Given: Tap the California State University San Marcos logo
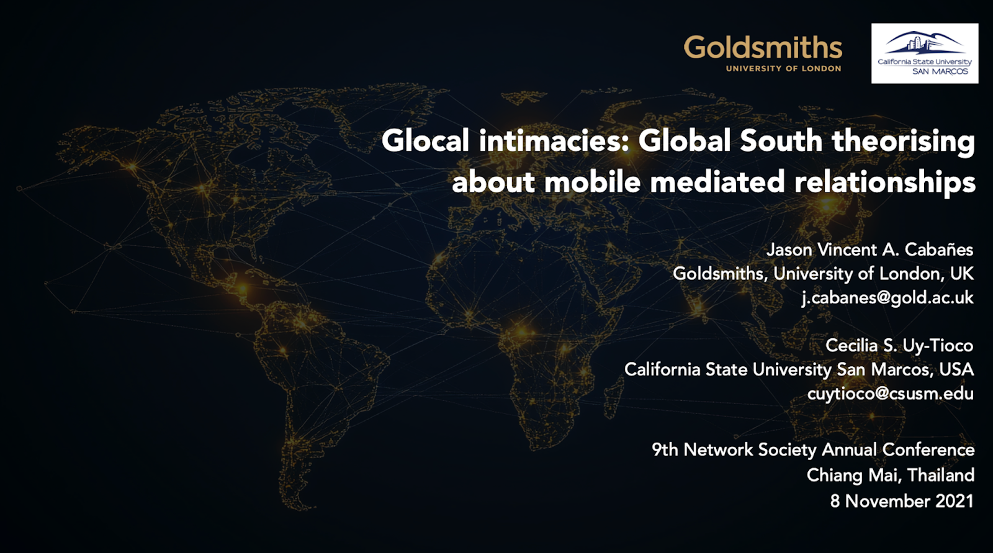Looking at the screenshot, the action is pyautogui.click(x=925, y=53).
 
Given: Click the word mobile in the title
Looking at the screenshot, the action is pyautogui.click(x=592, y=182).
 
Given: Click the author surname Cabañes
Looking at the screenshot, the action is pyautogui.click(x=939, y=250).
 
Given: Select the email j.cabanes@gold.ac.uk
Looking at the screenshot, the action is pyautogui.click(x=887, y=297).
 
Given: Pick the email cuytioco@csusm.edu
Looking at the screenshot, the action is pyautogui.click(x=890, y=393).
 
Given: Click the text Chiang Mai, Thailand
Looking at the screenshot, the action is pyautogui.click(x=890, y=475).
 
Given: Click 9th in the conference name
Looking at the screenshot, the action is pyautogui.click(x=665, y=450).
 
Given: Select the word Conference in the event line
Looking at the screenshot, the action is pyautogui.click(x=928, y=450).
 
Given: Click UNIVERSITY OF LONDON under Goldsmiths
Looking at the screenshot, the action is pyautogui.click(x=783, y=68).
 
